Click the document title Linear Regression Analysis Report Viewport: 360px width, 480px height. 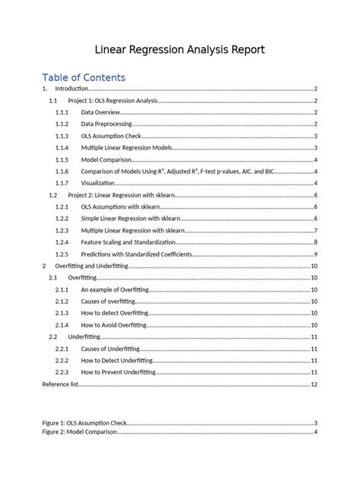(x=180, y=50)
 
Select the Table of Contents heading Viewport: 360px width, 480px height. (x=84, y=77)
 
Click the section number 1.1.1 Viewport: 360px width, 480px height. (x=62, y=112)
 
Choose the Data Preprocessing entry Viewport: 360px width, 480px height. (x=106, y=124)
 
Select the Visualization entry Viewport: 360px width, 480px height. (x=99, y=183)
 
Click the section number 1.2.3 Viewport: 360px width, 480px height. (x=62, y=230)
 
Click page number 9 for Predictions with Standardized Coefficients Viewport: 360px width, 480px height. (x=315, y=254)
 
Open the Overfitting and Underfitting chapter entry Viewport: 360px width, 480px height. (x=92, y=266)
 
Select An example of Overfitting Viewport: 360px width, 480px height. (x=115, y=289)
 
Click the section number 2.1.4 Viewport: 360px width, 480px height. (x=62, y=324)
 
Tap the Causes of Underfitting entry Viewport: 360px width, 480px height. (x=115, y=348)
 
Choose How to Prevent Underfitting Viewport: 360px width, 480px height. (x=118, y=372)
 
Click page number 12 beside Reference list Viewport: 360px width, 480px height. (x=314, y=384)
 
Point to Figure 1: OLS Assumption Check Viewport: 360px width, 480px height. (x=84, y=422)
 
